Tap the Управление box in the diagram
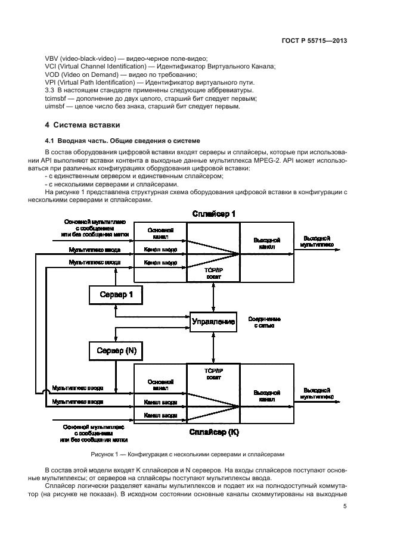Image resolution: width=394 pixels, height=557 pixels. (213, 322)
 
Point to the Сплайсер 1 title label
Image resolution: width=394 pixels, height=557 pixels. (213, 214)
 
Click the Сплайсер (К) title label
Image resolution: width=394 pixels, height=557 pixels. (213, 431)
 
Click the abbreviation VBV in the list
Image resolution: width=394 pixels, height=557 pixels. (52, 58)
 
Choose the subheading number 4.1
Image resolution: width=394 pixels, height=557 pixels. (50, 140)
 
